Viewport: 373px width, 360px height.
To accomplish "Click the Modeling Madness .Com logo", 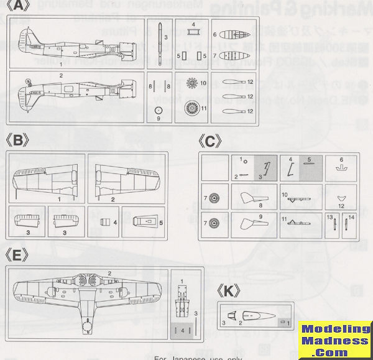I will (334, 341).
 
